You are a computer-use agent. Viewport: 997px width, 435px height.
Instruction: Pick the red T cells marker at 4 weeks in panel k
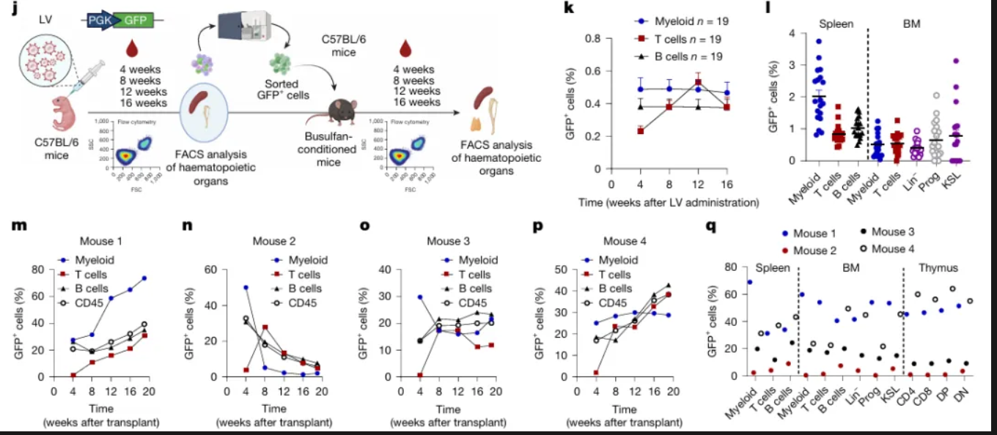point(640,130)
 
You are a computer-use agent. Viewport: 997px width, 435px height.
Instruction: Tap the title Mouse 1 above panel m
point(104,241)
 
